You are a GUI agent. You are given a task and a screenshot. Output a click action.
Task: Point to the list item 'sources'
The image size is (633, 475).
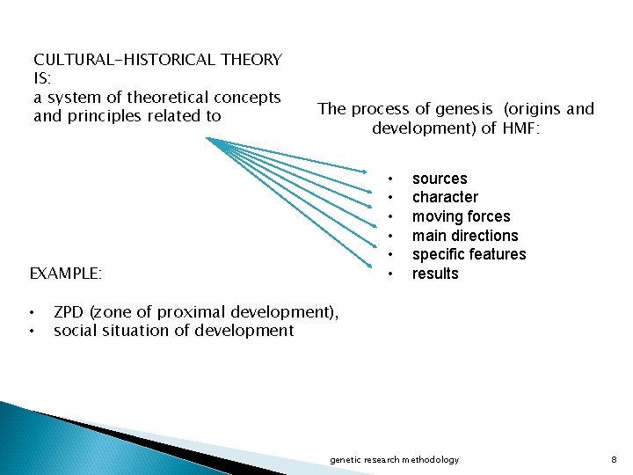(440, 179)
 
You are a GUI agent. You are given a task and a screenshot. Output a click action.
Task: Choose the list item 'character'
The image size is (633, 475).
(445, 197)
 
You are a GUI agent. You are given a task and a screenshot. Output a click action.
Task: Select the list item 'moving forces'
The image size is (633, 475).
(461, 216)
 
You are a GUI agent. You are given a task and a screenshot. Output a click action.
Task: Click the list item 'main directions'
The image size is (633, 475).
(465, 236)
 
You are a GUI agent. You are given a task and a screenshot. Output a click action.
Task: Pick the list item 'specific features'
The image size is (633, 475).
(469, 254)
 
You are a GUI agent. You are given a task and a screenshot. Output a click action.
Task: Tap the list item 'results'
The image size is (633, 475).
(435, 274)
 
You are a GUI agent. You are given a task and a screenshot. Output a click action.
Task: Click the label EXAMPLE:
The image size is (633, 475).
(66, 274)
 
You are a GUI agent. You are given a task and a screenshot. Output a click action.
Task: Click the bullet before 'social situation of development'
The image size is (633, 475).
(32, 331)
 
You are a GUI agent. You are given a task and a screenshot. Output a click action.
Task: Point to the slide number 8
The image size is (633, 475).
(614, 460)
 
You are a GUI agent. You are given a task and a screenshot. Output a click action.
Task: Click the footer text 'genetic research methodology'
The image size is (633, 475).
(394, 460)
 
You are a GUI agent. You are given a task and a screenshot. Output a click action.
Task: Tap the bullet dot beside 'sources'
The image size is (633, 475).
(389, 179)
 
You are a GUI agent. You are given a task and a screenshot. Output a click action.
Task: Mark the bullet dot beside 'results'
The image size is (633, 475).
(389, 274)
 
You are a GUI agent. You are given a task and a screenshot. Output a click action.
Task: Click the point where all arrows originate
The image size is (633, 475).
(207, 138)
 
